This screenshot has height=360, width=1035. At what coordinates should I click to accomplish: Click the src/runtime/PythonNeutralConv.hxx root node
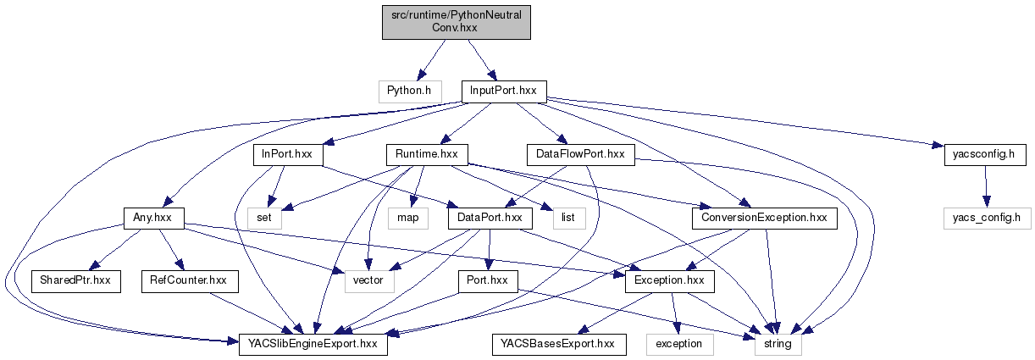457,19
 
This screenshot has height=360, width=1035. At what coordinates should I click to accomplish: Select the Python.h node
409,90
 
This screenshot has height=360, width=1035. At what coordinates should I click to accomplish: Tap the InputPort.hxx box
504,90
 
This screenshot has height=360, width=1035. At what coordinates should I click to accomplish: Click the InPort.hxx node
283,154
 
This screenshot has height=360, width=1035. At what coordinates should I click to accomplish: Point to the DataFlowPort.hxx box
580,154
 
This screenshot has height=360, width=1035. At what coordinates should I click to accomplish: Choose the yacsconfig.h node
984,154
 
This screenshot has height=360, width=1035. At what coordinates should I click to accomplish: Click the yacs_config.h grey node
984,218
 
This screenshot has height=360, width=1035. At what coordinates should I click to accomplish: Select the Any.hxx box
153,218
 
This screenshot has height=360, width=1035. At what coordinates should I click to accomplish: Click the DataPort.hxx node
490,218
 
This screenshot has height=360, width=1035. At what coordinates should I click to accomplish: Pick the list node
567,218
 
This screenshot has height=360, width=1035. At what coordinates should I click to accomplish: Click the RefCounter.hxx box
189,280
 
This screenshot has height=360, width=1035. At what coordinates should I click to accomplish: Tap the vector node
368,280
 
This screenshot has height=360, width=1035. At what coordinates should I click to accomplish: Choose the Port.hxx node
489,280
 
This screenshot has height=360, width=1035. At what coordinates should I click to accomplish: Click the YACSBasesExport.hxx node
559,344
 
